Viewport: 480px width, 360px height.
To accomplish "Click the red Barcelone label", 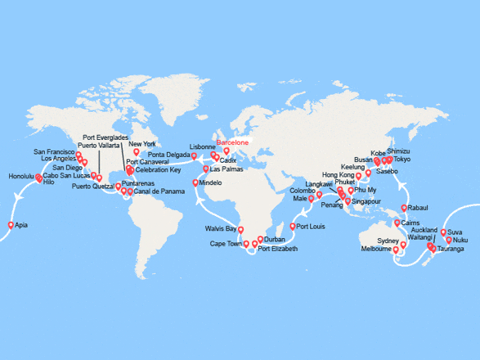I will click(231, 140).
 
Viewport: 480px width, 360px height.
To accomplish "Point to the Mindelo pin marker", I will click(195, 182).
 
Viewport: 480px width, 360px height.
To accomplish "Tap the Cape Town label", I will click(227, 244).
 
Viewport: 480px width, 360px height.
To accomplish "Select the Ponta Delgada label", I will click(170, 155).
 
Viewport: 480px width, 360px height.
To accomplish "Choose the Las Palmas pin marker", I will click(205, 169).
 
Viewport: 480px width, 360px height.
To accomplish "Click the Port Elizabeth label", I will click(278, 248).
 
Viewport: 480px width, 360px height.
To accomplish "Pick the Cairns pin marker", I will click(397, 223).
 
